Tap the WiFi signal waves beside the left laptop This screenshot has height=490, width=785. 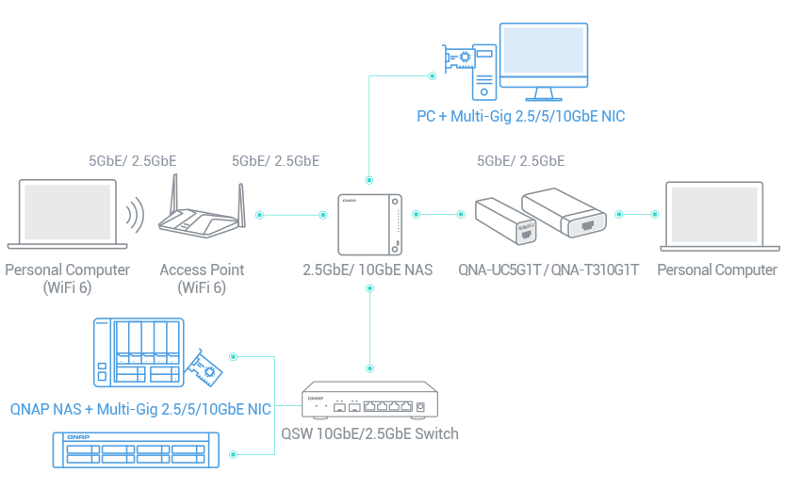(x=138, y=215)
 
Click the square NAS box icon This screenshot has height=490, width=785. (x=370, y=222)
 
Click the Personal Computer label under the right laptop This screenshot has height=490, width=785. (x=717, y=270)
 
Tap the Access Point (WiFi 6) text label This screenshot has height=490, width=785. (x=202, y=279)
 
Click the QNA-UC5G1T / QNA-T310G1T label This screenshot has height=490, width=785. (x=548, y=270)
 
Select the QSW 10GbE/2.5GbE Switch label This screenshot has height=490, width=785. (x=370, y=434)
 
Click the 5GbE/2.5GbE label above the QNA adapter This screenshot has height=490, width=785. (x=521, y=161)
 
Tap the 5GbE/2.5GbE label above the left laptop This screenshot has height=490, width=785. (x=133, y=161)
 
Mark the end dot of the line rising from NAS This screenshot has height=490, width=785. (x=432, y=75)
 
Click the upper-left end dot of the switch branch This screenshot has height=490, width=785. (x=234, y=357)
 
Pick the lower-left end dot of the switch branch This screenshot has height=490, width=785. (x=234, y=454)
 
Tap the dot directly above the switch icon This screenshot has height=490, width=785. (x=369, y=369)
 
